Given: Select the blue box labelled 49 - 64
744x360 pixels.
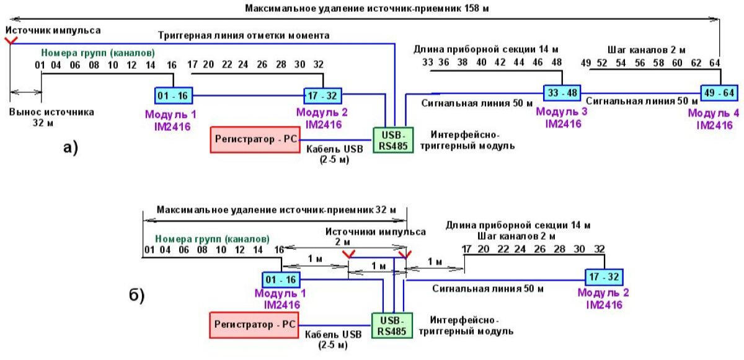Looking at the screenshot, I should [x=719, y=92].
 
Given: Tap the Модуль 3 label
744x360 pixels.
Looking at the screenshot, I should [x=562, y=112].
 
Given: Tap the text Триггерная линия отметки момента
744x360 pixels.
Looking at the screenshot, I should [x=244, y=36].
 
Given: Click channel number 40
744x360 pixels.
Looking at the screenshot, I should [x=481, y=63].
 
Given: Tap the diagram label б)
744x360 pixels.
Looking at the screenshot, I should [x=136, y=295].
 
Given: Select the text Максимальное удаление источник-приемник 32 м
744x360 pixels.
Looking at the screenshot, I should [x=272, y=210].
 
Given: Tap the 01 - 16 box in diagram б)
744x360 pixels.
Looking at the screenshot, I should [x=281, y=279].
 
